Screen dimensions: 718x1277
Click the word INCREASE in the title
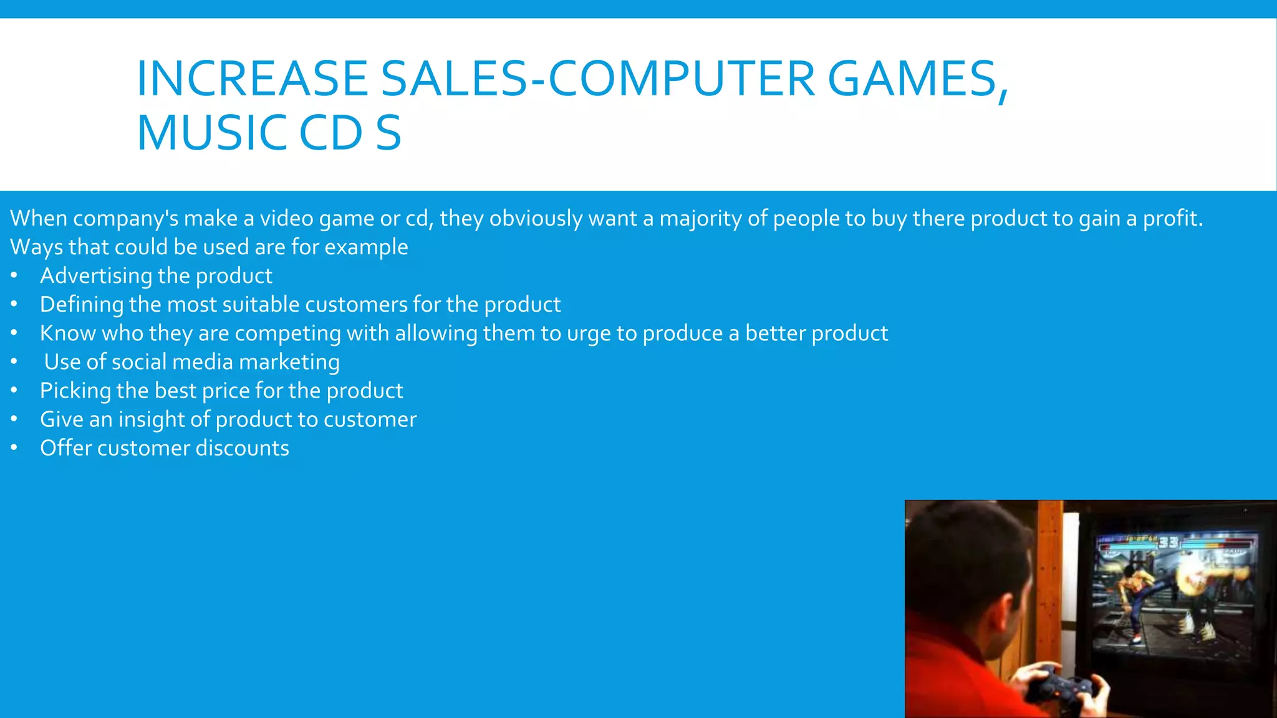pyautogui.click(x=252, y=79)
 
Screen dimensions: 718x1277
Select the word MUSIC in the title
pyautogui.click(x=211, y=133)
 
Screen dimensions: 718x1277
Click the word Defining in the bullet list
pyautogui.click(x=82, y=305)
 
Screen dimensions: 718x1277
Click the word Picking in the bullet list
pyautogui.click(x=75, y=391)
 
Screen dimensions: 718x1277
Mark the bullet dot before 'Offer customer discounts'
pyautogui.click(x=14, y=448)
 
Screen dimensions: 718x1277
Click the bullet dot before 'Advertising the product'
pyautogui.click(x=14, y=275)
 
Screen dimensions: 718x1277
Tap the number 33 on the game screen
pyautogui.click(x=1168, y=542)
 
